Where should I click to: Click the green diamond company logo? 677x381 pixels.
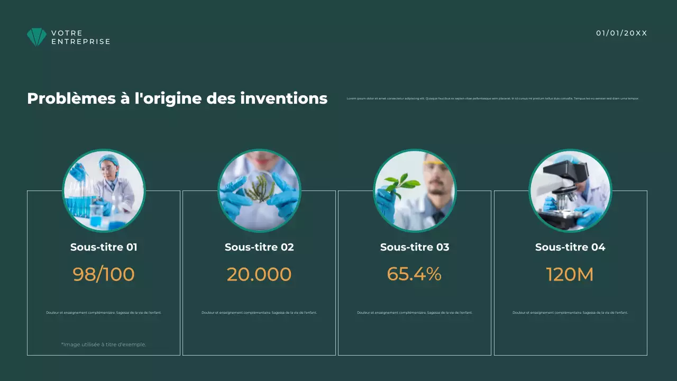[36, 37]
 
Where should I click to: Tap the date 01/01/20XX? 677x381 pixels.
[621, 33]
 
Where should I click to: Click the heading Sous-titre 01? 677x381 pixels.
[104, 247]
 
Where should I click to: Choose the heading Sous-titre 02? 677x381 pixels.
[259, 247]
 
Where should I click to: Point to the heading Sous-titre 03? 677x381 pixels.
[415, 247]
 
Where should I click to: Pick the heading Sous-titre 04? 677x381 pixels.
[570, 247]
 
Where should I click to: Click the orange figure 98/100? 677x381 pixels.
[104, 274]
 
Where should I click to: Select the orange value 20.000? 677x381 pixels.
[259, 274]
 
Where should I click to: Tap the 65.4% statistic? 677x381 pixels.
[414, 274]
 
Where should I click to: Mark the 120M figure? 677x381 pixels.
[570, 274]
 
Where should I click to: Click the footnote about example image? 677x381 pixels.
[104, 344]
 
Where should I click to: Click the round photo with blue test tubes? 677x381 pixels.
[104, 190]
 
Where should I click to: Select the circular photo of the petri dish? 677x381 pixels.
[259, 190]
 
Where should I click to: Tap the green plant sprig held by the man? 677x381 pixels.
[399, 183]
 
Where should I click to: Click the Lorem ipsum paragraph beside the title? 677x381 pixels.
[492, 98]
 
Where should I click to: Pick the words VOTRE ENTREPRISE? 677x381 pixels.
[80, 37]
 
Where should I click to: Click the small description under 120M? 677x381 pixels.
[570, 313]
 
